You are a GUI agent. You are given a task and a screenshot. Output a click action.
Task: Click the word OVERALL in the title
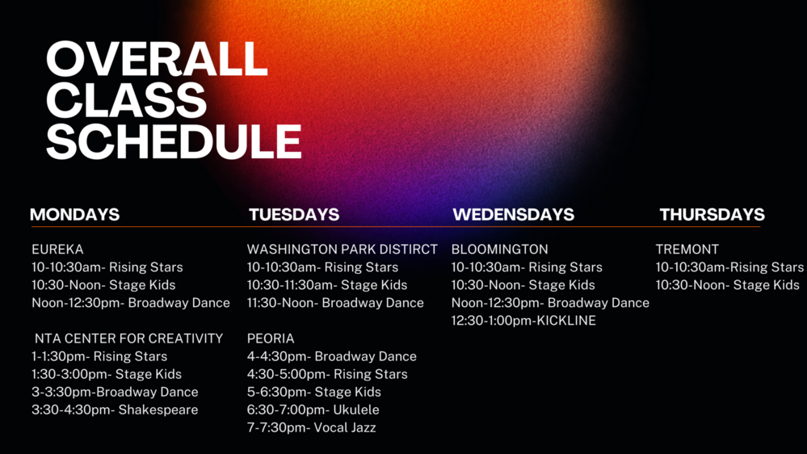[x=157, y=59]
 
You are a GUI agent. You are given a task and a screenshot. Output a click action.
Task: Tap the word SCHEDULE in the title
[x=174, y=141]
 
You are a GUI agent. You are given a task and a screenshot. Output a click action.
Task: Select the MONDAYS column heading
[x=74, y=215]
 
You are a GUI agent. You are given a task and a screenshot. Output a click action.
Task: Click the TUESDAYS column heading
[x=294, y=215]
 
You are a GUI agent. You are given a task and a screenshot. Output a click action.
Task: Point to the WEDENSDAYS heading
[x=513, y=215]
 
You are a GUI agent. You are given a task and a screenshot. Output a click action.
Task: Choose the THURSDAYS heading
[x=712, y=215]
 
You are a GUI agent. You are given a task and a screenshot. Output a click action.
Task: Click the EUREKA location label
[x=57, y=250]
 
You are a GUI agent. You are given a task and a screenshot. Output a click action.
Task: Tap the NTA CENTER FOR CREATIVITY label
[x=129, y=338]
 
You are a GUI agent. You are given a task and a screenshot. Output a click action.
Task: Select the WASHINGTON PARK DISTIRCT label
[x=343, y=250]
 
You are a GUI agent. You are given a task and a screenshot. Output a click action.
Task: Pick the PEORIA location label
[x=271, y=338]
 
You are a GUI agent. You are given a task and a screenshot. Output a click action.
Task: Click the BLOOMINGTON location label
[x=500, y=250]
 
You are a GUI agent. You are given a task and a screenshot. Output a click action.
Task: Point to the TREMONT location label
[x=687, y=250]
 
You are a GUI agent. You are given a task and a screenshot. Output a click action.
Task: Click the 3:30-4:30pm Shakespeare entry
[x=115, y=410]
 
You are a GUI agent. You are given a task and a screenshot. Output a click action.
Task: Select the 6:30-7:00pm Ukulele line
[x=313, y=410]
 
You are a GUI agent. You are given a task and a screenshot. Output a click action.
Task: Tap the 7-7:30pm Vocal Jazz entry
[x=311, y=428]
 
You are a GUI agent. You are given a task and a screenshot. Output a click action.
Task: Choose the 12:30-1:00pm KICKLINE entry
[x=523, y=321]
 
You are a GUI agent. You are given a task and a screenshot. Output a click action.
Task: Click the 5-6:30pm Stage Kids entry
[x=314, y=393]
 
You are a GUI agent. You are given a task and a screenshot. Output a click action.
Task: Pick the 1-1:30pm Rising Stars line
[x=99, y=356]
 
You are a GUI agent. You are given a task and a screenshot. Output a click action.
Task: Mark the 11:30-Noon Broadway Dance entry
[x=335, y=303]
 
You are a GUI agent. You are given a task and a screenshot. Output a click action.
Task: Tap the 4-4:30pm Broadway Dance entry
[x=332, y=356]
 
